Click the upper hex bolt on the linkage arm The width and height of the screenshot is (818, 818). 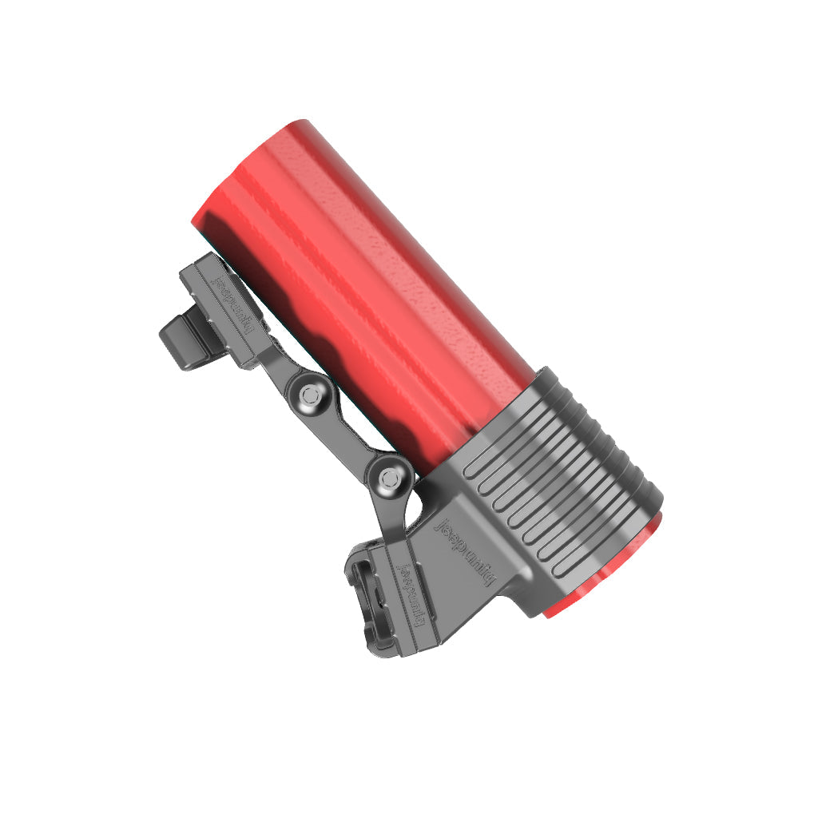pyautogui.click(x=310, y=393)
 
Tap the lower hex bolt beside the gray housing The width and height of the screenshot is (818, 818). pyautogui.click(x=389, y=478)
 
